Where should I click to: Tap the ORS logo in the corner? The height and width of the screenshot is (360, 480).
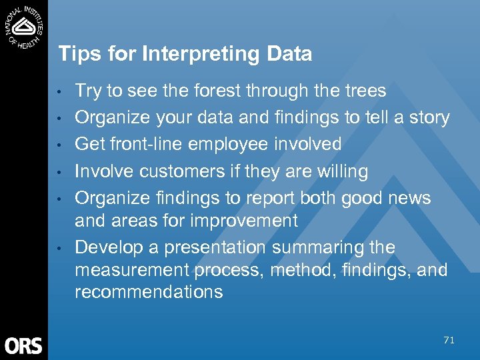coord(24,345)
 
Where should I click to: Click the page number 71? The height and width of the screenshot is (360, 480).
coord(449,341)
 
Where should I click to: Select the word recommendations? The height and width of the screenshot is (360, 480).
coord(149,293)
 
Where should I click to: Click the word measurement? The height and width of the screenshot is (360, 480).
coord(132,270)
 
